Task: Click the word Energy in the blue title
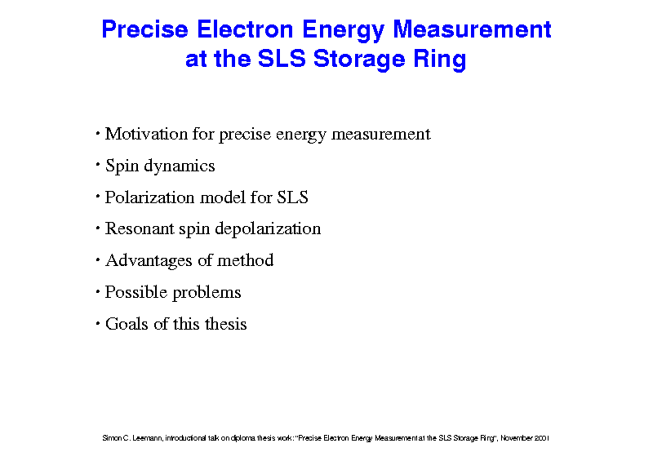point(343,31)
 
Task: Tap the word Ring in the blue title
point(440,60)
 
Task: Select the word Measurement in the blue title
point(473,29)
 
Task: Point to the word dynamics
point(179,166)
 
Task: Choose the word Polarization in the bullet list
point(149,197)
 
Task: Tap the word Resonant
point(140,228)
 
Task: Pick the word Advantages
point(149,261)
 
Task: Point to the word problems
point(207,293)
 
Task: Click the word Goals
point(127,324)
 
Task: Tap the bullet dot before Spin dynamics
point(98,166)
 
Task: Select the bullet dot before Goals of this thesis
point(98,323)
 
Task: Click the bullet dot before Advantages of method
point(98,260)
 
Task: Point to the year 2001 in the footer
point(542,438)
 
